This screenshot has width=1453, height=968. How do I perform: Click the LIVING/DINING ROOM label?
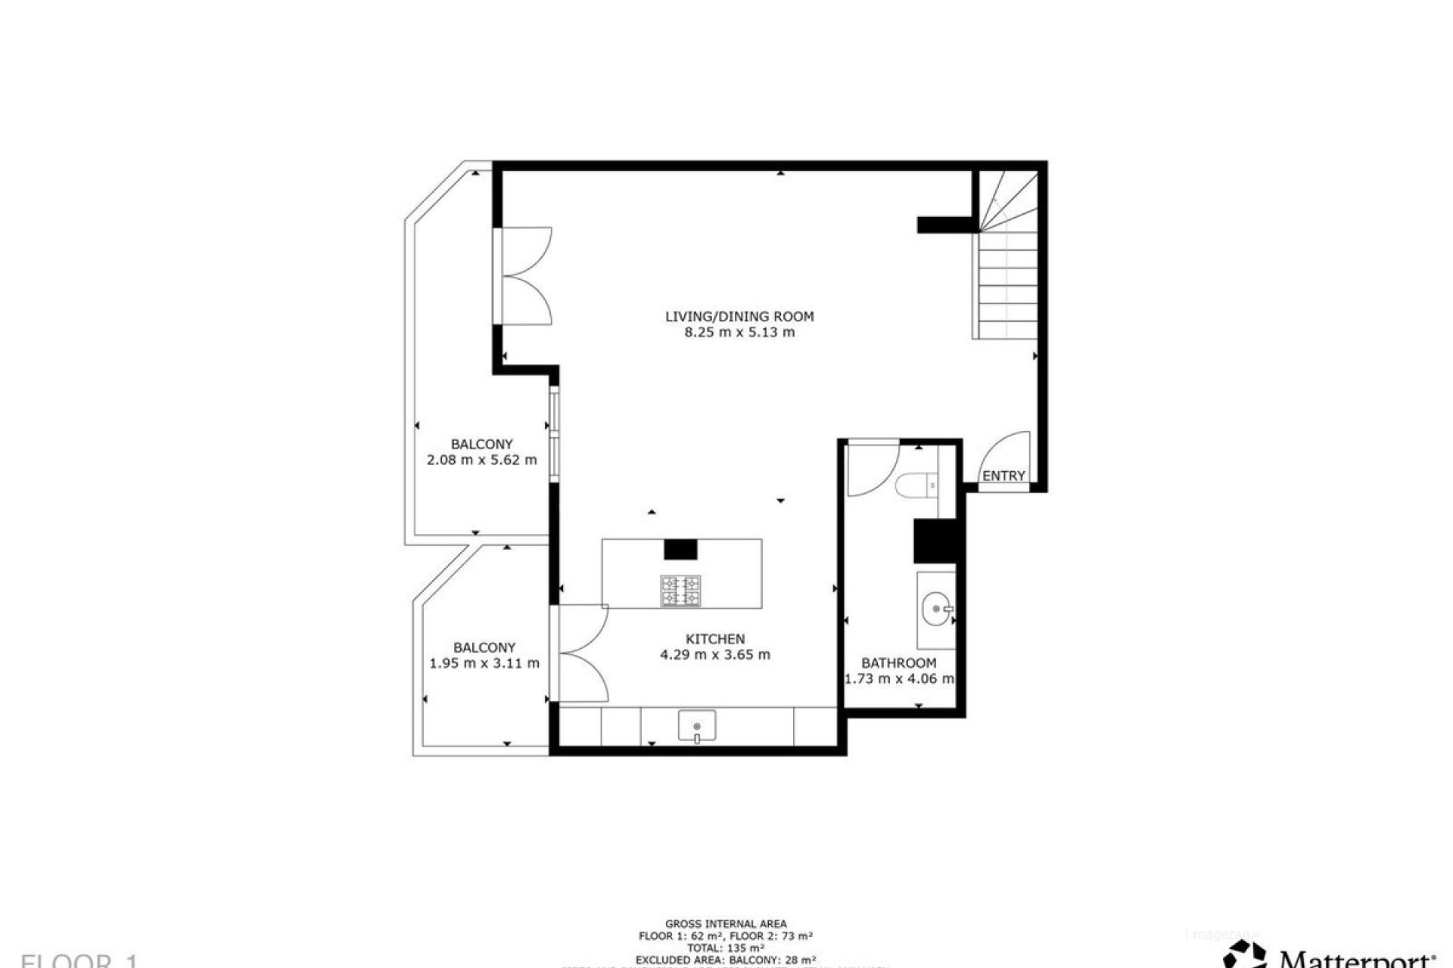[739, 316]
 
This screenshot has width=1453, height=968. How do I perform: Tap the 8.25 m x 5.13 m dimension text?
[739, 332]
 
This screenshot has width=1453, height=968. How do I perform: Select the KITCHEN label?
[715, 639]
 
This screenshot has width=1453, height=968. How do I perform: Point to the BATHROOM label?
[898, 663]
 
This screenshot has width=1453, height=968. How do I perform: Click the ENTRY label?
[1003, 476]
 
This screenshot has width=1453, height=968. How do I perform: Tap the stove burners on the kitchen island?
[680, 591]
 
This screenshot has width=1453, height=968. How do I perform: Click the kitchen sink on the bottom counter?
[696, 727]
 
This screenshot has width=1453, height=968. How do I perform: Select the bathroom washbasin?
[937, 609]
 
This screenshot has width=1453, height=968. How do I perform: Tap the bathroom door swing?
[872, 470]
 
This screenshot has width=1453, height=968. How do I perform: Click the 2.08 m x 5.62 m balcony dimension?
[482, 460]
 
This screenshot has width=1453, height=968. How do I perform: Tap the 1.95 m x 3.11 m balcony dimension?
[484, 663]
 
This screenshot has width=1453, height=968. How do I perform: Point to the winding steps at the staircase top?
[1007, 200]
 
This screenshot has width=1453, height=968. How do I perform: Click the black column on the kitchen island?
[680, 549]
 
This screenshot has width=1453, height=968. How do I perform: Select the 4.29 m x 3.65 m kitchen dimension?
[715, 655]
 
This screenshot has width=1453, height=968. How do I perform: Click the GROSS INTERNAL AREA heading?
[726, 923]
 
